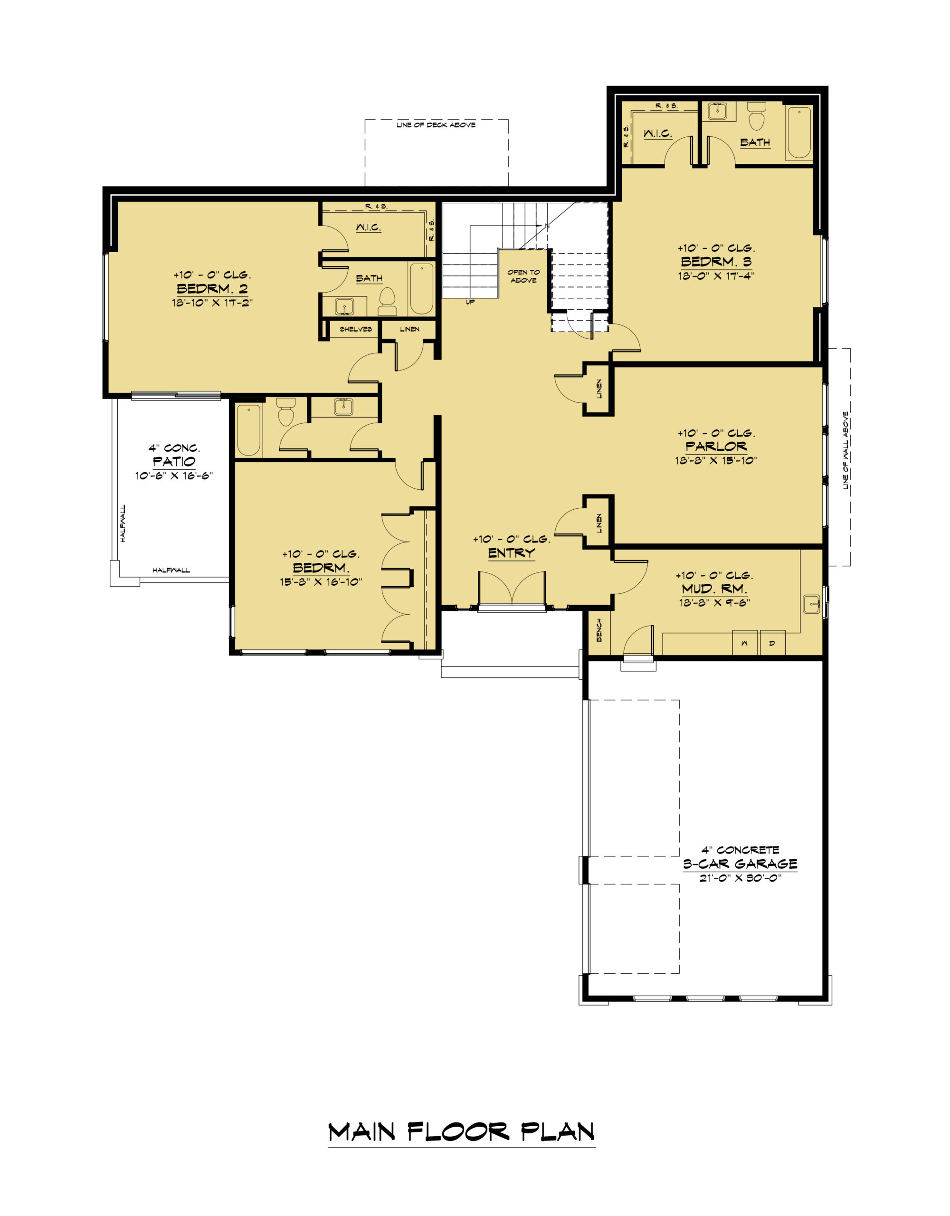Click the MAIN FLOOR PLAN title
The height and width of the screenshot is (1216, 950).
[x=462, y=1132]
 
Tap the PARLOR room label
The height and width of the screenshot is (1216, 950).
[x=716, y=446]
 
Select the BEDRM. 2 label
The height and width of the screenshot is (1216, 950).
[x=212, y=288]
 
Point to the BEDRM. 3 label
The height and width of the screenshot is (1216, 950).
[x=716, y=261]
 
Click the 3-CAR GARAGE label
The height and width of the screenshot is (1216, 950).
[x=740, y=864]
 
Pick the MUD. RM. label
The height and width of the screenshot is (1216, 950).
[x=714, y=589]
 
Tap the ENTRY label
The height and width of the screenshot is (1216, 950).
[x=511, y=553]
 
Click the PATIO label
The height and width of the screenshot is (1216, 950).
[x=174, y=461]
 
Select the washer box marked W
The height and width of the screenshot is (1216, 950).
[x=744, y=643]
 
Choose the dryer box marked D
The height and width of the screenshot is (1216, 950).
[x=772, y=643]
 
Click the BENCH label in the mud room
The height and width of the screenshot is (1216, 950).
[x=599, y=630]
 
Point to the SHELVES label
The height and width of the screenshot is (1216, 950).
[x=356, y=329]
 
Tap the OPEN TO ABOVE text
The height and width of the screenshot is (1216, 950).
[x=523, y=276]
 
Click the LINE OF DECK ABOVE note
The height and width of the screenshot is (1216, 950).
[x=436, y=125]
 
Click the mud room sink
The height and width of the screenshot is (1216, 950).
[x=812, y=604]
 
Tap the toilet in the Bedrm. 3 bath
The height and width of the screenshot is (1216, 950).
[x=756, y=115]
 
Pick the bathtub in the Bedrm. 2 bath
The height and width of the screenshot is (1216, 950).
[x=422, y=289]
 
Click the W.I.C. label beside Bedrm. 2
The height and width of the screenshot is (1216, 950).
[x=369, y=227]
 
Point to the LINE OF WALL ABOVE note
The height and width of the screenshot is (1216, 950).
[x=845, y=450]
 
